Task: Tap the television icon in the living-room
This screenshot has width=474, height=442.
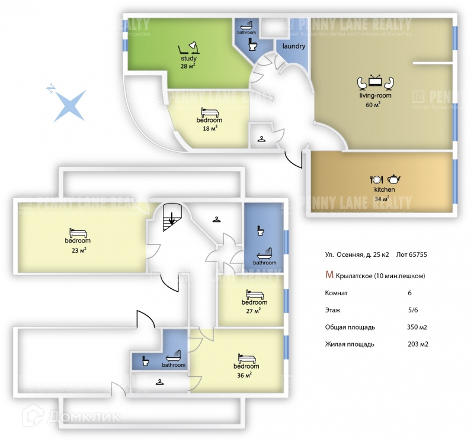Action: [x=376, y=81]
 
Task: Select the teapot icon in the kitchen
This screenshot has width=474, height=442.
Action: [x=393, y=179]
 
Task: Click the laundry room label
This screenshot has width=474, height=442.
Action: [x=294, y=46]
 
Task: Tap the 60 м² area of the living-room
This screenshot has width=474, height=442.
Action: [x=373, y=105]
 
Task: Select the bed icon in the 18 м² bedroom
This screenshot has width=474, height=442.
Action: [x=209, y=112]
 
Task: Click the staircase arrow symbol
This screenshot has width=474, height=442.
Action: [x=172, y=219]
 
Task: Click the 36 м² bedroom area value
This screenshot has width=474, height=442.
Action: [x=245, y=374]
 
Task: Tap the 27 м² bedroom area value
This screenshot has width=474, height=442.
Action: [x=254, y=311]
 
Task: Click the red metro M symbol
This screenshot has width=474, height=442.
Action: [x=329, y=275]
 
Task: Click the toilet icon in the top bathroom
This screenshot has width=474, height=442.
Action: [x=253, y=45]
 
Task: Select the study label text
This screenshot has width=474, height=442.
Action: [x=188, y=59]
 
